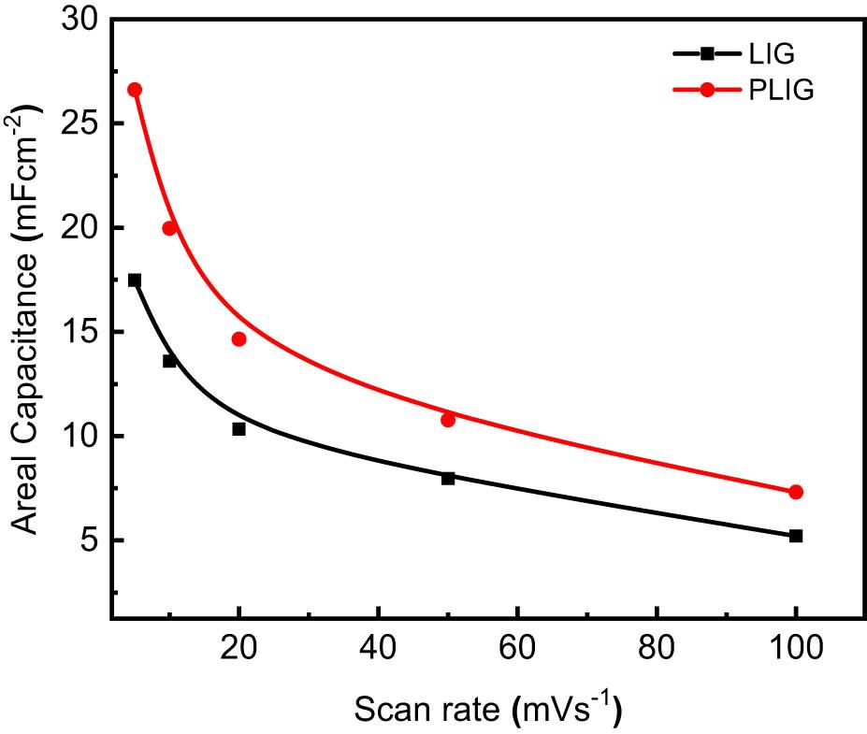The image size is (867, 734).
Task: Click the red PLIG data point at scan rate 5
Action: [x=135, y=90]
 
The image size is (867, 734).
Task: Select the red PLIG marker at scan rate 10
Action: [x=169, y=228]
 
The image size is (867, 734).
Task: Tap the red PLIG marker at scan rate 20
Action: [x=238, y=339]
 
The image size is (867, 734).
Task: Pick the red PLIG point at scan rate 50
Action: [x=448, y=420]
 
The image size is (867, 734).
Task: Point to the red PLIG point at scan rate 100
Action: [x=796, y=492]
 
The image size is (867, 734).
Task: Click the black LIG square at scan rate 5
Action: [x=135, y=281]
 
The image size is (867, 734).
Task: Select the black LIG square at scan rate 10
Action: [x=169, y=361]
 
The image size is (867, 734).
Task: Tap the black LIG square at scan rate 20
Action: [x=238, y=429]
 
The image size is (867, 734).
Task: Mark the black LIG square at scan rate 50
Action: [x=448, y=478]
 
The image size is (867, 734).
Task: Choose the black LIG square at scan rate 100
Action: [x=796, y=536]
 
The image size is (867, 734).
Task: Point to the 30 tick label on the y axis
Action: [x=79, y=20]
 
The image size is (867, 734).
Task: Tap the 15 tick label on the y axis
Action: [x=79, y=332]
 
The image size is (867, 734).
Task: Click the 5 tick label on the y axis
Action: [x=90, y=540]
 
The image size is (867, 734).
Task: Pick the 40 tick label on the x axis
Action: [x=378, y=649]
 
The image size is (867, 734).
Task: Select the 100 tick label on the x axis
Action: [x=796, y=649]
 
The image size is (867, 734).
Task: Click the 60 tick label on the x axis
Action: [x=517, y=649]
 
